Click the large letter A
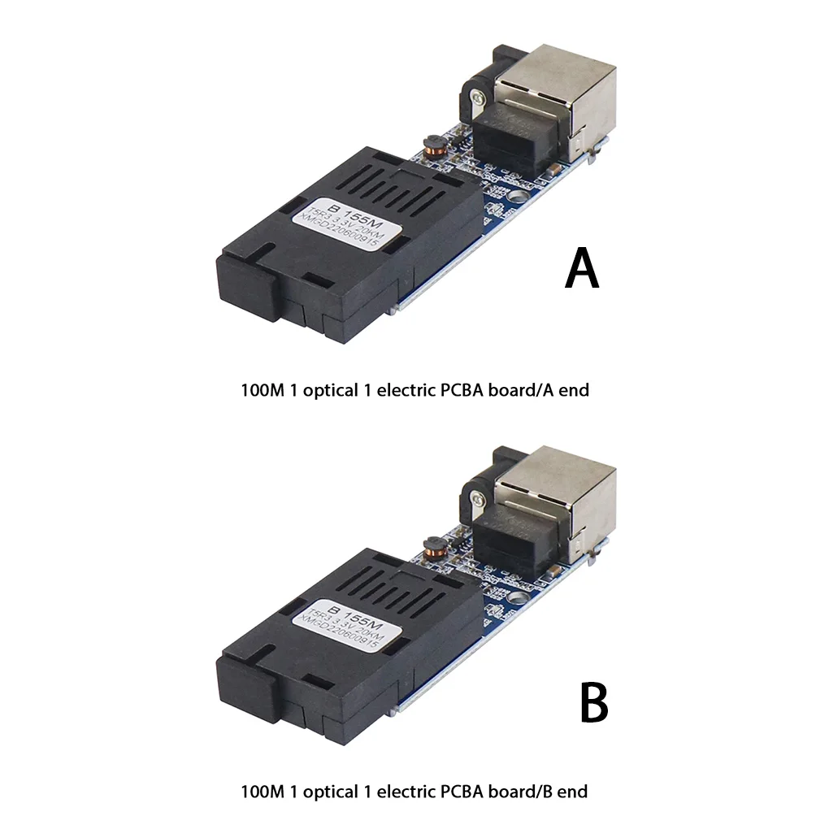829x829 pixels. pyautogui.click(x=582, y=269)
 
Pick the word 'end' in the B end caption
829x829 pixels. pyautogui.click(x=573, y=790)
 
